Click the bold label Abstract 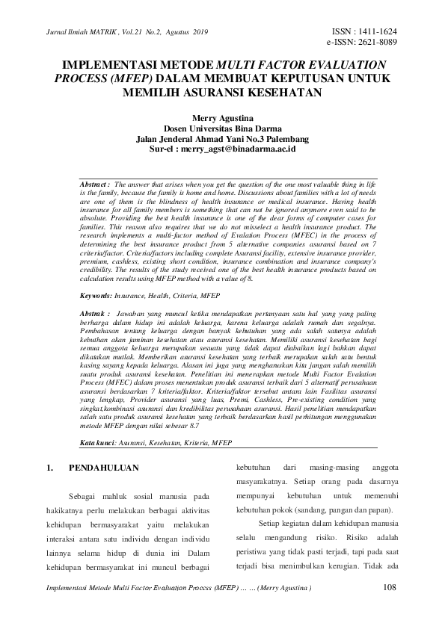[x=95, y=183]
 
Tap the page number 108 [x=390, y=587]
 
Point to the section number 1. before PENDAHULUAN [x=50, y=469]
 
